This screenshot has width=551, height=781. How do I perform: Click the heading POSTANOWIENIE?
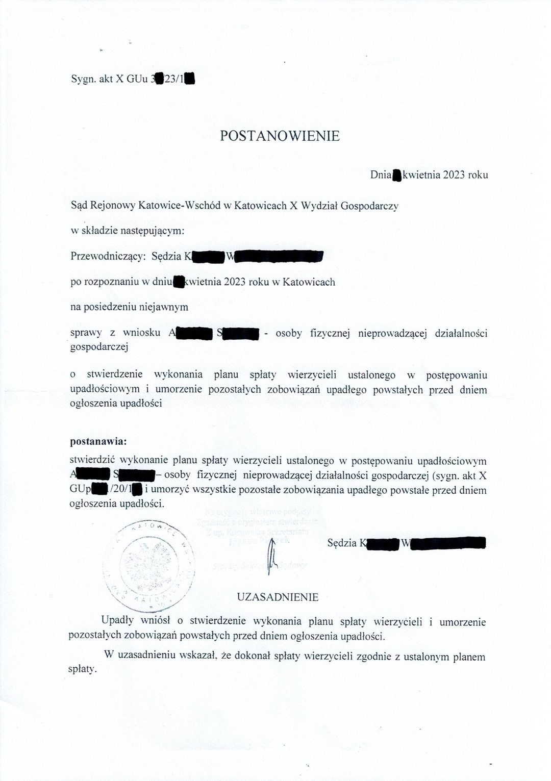tap(279, 136)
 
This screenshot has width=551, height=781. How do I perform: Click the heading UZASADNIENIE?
tap(278, 597)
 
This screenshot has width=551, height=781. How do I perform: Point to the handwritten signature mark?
tap(272, 556)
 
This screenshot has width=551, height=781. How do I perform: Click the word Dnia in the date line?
tap(380, 175)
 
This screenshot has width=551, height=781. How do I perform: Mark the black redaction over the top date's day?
tap(396, 175)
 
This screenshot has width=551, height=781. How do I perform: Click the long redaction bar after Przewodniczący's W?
tap(278, 256)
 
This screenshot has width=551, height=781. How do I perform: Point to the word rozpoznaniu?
tap(108, 282)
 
